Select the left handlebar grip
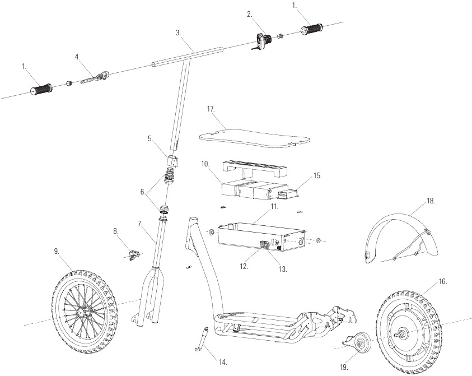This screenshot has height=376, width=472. pos(41,89)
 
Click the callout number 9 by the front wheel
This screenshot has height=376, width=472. pos(57,251)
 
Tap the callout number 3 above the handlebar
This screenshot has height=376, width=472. pos(179,33)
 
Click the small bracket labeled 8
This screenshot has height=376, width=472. pos(132,256)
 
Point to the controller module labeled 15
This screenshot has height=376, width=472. pos(288,194)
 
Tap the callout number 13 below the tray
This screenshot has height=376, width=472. pos(283,269)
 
